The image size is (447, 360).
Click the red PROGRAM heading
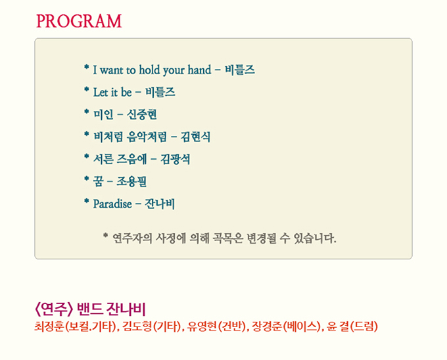pos(79,21)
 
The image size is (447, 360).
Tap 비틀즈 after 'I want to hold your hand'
pos(240,70)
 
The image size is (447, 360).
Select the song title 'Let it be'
pos(112,92)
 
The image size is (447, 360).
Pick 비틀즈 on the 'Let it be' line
pos(160,92)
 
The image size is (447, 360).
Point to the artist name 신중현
pos(142,114)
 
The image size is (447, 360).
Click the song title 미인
pos(103,114)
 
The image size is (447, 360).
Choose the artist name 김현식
pos(196,137)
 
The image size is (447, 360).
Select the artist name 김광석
pos(176,159)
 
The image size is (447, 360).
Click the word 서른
pos(103,159)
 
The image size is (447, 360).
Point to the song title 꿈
pos(99,181)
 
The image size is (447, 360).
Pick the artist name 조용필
pos(131,181)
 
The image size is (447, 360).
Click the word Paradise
pos(112,204)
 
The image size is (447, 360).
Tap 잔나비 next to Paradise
pos(160,204)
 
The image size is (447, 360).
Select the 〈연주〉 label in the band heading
pos(54,309)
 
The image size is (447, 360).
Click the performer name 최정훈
pos(49,326)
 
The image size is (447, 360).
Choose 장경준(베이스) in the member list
pos(286,326)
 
